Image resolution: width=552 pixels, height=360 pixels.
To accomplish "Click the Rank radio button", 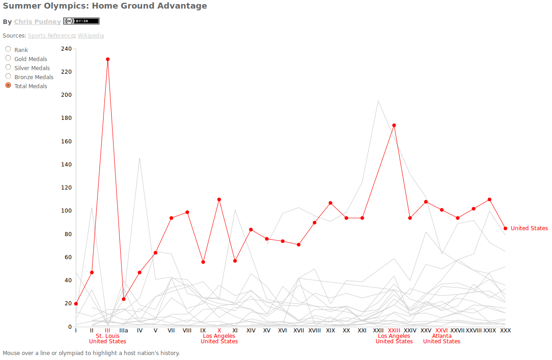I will pos(8,49).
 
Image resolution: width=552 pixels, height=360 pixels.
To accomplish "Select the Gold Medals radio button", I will pos(8,58).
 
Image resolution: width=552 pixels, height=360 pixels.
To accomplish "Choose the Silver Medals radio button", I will pos(8,67).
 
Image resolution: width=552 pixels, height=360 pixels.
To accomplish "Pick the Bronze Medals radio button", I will pos(8,76).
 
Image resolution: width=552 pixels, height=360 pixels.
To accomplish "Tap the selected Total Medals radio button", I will pos(8,85).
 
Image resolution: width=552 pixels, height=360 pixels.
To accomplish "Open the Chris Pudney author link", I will pos(37,22).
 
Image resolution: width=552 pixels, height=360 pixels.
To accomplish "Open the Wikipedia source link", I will pos(90,35).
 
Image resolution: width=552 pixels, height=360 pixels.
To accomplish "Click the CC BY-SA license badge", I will pos(81,21).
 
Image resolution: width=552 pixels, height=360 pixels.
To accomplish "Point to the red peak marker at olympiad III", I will pos(108,59).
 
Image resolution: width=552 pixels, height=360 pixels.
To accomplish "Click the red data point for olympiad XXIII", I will pos(394,125).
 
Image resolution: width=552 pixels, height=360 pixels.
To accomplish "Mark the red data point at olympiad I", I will pos(76,304).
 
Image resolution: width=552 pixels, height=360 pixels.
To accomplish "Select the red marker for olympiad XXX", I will pos(505,228).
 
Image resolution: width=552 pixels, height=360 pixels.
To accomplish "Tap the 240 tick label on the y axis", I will pos(66,48).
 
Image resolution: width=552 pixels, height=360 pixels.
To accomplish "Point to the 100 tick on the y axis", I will pos(66,211).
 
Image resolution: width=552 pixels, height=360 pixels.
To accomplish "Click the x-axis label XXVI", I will pos(441,331).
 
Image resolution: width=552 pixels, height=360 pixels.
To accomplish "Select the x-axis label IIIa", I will pos(123,331).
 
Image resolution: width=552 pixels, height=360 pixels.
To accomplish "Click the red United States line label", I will pos(529,228).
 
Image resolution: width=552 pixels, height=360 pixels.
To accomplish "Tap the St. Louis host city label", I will pos(108,336).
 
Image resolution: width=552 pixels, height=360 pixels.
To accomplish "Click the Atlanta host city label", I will pos(442,336).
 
